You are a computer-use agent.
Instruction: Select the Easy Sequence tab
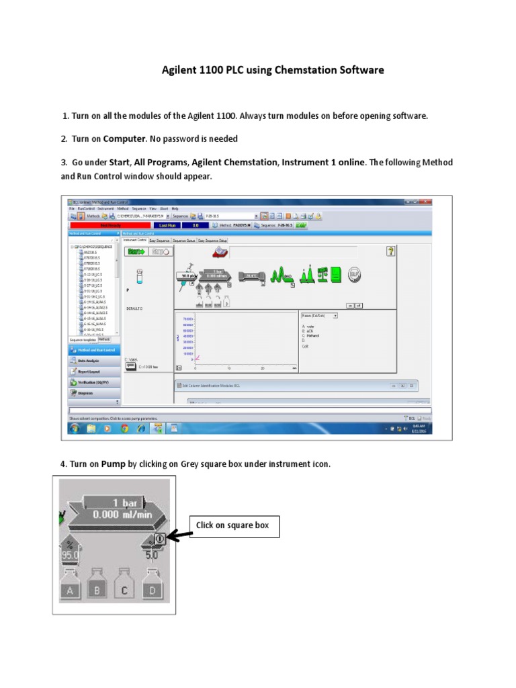159,240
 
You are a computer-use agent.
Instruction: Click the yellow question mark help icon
391,251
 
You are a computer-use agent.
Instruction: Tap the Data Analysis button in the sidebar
93,360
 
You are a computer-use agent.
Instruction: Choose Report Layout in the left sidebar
93,371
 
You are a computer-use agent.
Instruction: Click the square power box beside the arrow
158,538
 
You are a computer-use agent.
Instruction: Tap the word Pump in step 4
114,464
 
